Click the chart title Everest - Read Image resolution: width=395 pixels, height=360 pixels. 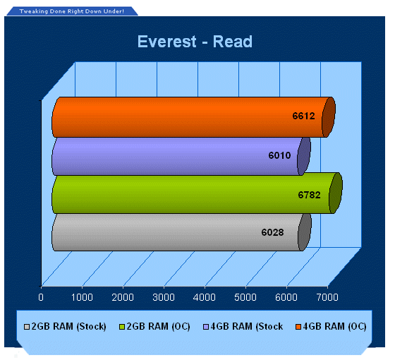[195, 42]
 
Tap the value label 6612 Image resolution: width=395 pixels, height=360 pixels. [303, 116]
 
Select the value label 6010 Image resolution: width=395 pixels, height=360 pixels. [279, 155]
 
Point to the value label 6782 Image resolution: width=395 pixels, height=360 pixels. [310, 195]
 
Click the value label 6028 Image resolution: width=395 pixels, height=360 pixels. [272, 232]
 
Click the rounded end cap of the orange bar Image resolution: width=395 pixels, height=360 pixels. [329, 117]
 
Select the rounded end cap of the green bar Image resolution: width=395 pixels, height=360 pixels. [336, 193]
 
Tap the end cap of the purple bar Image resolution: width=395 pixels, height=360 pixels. [304, 156]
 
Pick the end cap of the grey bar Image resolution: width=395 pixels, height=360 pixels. [305, 232]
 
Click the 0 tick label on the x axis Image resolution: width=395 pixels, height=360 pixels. [41, 297]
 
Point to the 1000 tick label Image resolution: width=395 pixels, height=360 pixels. [82, 297]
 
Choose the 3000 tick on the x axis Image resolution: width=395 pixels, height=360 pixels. [164, 297]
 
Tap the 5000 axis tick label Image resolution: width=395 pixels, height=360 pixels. [245, 297]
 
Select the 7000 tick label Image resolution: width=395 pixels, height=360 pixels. [327, 297]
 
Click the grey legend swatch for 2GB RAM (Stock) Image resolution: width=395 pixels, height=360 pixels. [27, 327]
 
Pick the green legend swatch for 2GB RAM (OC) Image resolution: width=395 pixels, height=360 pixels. [122, 327]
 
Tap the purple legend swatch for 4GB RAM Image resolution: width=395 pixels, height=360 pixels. [206, 327]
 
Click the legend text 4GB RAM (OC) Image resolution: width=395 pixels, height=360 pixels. [334, 326]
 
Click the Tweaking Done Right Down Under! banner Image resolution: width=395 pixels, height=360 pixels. [72, 11]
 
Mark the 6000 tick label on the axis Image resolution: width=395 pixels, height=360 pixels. [286, 297]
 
